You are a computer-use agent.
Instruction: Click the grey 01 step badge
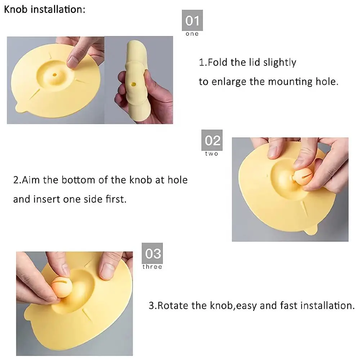pyautogui.click(x=192, y=20)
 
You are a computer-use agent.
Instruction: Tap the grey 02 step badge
pyautogui.click(x=212, y=140)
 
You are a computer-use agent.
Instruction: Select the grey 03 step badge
pyautogui.click(x=152, y=253)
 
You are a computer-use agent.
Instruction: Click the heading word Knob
pyautogui.click(x=16, y=9)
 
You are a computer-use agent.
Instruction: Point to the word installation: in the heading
pyautogui.click(x=58, y=9)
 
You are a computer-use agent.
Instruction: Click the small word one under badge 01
pyautogui.click(x=192, y=34)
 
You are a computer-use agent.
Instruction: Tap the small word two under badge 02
pyautogui.click(x=212, y=154)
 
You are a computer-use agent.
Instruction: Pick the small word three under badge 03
pyautogui.click(x=152, y=267)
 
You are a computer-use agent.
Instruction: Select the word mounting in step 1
pyautogui.click(x=290, y=82)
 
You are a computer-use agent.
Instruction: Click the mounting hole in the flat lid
pyautogui.click(x=55, y=75)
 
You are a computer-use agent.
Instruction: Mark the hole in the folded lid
pyautogui.click(x=133, y=85)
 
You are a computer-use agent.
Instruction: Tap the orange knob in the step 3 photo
pyautogui.click(x=61, y=287)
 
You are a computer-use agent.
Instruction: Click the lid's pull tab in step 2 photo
pyautogui.click(x=311, y=230)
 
